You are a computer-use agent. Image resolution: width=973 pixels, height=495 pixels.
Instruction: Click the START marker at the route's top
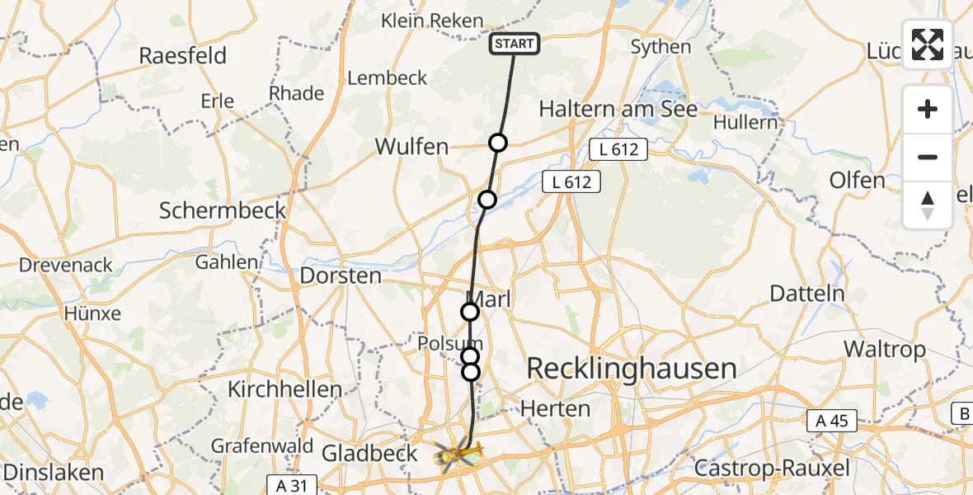pyautogui.click(x=515, y=44)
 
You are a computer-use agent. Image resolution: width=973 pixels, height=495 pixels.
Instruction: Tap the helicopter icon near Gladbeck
pyautogui.click(x=456, y=453)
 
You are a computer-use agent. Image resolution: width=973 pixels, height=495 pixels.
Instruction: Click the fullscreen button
pyautogui.click(x=928, y=45)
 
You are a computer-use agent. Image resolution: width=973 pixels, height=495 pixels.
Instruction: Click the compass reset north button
pyautogui.click(x=928, y=205)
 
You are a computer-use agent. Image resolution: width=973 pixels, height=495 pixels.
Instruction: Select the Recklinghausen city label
pyautogui.click(x=631, y=369)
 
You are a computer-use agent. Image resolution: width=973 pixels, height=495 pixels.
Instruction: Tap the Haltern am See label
pyautogui.click(x=618, y=110)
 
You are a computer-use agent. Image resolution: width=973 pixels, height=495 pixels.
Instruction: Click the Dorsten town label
pyautogui.click(x=341, y=276)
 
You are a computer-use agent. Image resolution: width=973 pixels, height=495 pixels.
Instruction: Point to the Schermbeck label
pyautogui.click(x=223, y=210)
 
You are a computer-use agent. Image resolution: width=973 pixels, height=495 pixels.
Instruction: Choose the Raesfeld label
pyautogui.click(x=182, y=56)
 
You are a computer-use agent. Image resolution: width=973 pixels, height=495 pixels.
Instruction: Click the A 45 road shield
pyautogui.click(x=832, y=421)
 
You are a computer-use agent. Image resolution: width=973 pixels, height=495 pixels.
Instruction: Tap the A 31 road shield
pyautogui.click(x=292, y=485)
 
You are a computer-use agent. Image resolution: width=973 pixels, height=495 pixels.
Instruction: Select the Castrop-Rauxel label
pyautogui.click(x=772, y=469)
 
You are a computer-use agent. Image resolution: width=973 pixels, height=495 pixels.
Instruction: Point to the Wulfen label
pyautogui.click(x=411, y=148)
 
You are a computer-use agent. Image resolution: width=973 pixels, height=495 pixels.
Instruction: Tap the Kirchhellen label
pyautogui.click(x=284, y=389)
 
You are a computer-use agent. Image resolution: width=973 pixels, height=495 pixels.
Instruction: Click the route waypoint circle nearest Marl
pyautogui.click(x=469, y=312)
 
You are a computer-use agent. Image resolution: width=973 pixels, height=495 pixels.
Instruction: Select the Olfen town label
pyautogui.click(x=858, y=181)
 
